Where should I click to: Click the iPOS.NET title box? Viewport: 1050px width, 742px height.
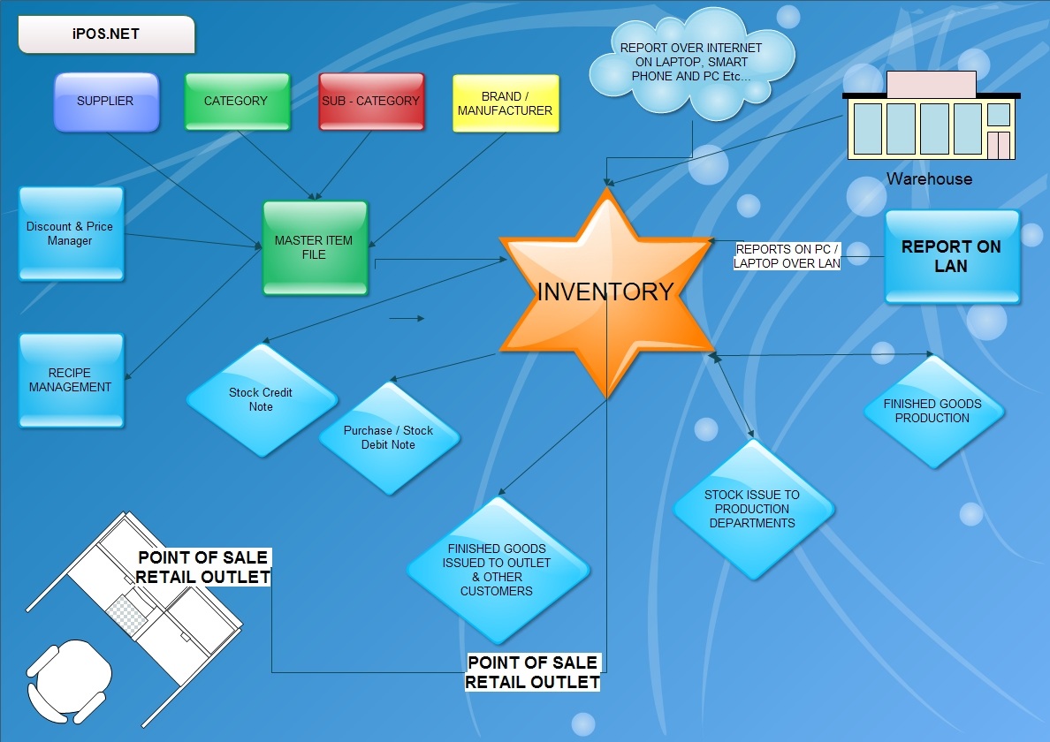point(106,34)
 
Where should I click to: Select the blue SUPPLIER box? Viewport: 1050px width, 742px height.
point(106,102)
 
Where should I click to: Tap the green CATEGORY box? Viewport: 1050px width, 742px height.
point(237,102)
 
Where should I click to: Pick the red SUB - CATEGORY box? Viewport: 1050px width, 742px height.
point(371,102)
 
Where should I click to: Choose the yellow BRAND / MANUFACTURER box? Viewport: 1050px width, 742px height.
point(506,103)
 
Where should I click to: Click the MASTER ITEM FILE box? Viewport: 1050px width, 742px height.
point(316,247)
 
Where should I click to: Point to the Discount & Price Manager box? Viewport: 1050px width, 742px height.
point(71,233)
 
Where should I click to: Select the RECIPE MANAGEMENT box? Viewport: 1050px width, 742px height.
point(71,380)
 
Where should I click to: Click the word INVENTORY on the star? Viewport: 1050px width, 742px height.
point(605,291)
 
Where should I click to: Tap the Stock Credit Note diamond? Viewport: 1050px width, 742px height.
point(262,400)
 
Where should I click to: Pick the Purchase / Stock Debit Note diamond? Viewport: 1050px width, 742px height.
point(389,438)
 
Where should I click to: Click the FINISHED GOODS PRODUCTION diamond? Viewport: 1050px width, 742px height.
point(933,412)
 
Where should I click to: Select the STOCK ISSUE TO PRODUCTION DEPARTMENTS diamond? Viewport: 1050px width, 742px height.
point(753,509)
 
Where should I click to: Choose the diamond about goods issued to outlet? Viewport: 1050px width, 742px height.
point(498,570)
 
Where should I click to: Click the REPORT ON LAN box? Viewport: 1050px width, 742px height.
point(952,257)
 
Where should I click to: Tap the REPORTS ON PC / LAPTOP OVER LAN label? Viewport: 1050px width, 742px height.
point(787,256)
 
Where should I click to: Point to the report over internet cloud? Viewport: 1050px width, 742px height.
point(692,63)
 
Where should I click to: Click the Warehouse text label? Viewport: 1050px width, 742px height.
point(930,178)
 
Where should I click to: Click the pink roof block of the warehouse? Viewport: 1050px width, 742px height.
point(931,84)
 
